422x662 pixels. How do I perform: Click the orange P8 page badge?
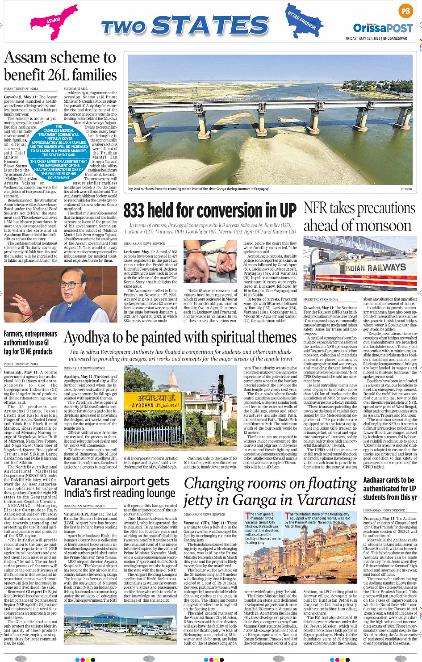(x=405, y=11)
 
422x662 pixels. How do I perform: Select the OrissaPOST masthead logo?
(x=383, y=28)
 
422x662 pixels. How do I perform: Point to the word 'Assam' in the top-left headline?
(x=25, y=58)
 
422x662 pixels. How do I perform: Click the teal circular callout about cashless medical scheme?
(x=58, y=152)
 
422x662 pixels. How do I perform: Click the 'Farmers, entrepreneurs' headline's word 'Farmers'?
(x=13, y=334)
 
